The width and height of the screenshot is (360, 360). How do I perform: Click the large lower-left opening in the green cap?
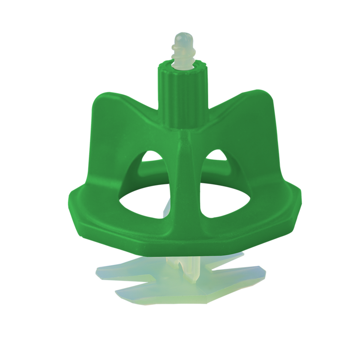point(148,204)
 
